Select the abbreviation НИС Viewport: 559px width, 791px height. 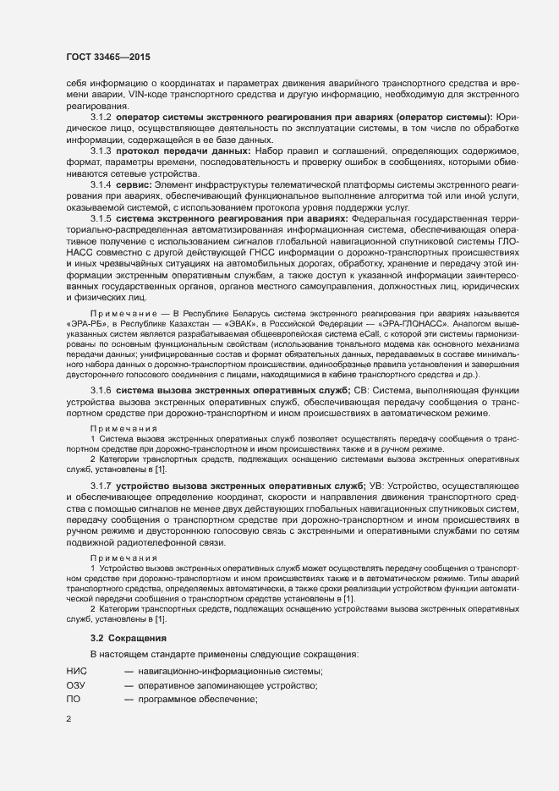click(77, 671)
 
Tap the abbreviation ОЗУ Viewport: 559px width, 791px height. click(76, 686)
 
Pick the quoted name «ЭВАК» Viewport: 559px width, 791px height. click(222, 321)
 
